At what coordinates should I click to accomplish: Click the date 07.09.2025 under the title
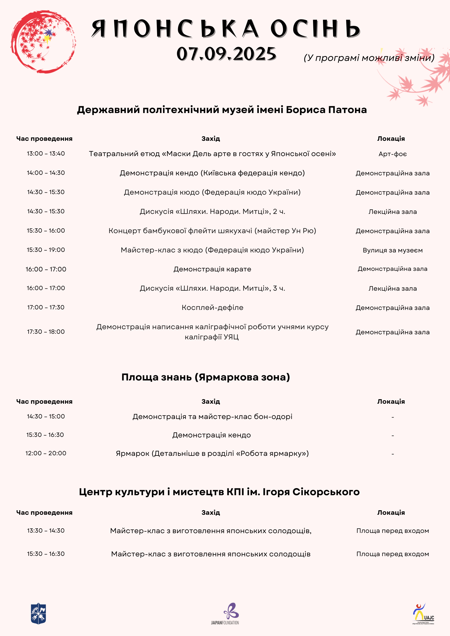pos(226,54)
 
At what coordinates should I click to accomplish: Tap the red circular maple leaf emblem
pos(43,42)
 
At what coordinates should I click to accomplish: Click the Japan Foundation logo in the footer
pos(225,614)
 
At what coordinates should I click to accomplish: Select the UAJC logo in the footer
pos(423,614)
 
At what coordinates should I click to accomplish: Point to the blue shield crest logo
pos(38,614)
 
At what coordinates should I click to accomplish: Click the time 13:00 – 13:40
pos(46,154)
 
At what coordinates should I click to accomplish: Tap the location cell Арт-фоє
pos(392,154)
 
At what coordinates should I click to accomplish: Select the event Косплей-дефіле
pos(212,308)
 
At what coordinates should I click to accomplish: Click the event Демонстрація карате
pos(212,269)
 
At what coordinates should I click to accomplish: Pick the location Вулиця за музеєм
pos(392,250)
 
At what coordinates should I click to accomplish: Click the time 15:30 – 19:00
pos(46,250)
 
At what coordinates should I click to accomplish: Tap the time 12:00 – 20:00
pos(46,453)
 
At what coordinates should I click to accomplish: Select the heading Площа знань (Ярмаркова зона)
pos(206,377)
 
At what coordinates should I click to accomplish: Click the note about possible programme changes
pos(369,58)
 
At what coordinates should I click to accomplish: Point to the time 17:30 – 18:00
pos(46,332)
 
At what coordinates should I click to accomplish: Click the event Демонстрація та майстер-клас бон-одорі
pos(212,417)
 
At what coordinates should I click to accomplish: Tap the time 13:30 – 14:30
pos(46,531)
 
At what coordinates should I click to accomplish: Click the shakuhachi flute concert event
pos(212,231)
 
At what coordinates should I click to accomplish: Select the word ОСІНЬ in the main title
pos(315,29)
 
